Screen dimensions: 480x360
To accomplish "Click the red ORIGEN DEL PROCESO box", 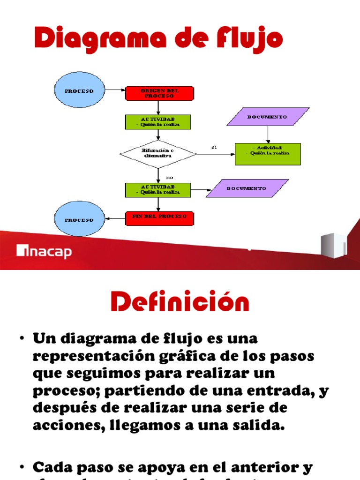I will click(159, 93).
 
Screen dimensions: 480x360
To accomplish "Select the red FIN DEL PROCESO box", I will click(159, 217).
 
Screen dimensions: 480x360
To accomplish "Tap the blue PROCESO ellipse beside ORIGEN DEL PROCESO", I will click(79, 90).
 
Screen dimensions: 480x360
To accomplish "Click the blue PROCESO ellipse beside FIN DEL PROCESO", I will click(79, 220).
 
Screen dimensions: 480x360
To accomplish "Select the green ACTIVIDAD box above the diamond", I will click(158, 122).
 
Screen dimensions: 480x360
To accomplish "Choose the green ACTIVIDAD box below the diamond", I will click(158, 189).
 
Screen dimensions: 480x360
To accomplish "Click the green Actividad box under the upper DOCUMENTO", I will click(268, 154).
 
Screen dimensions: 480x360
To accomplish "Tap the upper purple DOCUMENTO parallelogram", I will click(268, 117).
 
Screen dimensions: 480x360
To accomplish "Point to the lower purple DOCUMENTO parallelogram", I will click(247, 188).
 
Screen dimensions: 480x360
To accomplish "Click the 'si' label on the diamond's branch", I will click(214, 148).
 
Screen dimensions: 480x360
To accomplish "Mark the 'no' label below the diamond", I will click(169, 178).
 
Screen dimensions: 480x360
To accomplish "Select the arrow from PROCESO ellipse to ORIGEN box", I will click(115, 90).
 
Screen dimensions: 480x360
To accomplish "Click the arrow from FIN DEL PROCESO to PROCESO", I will click(115, 217).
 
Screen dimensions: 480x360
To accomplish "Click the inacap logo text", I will click(45, 252).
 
